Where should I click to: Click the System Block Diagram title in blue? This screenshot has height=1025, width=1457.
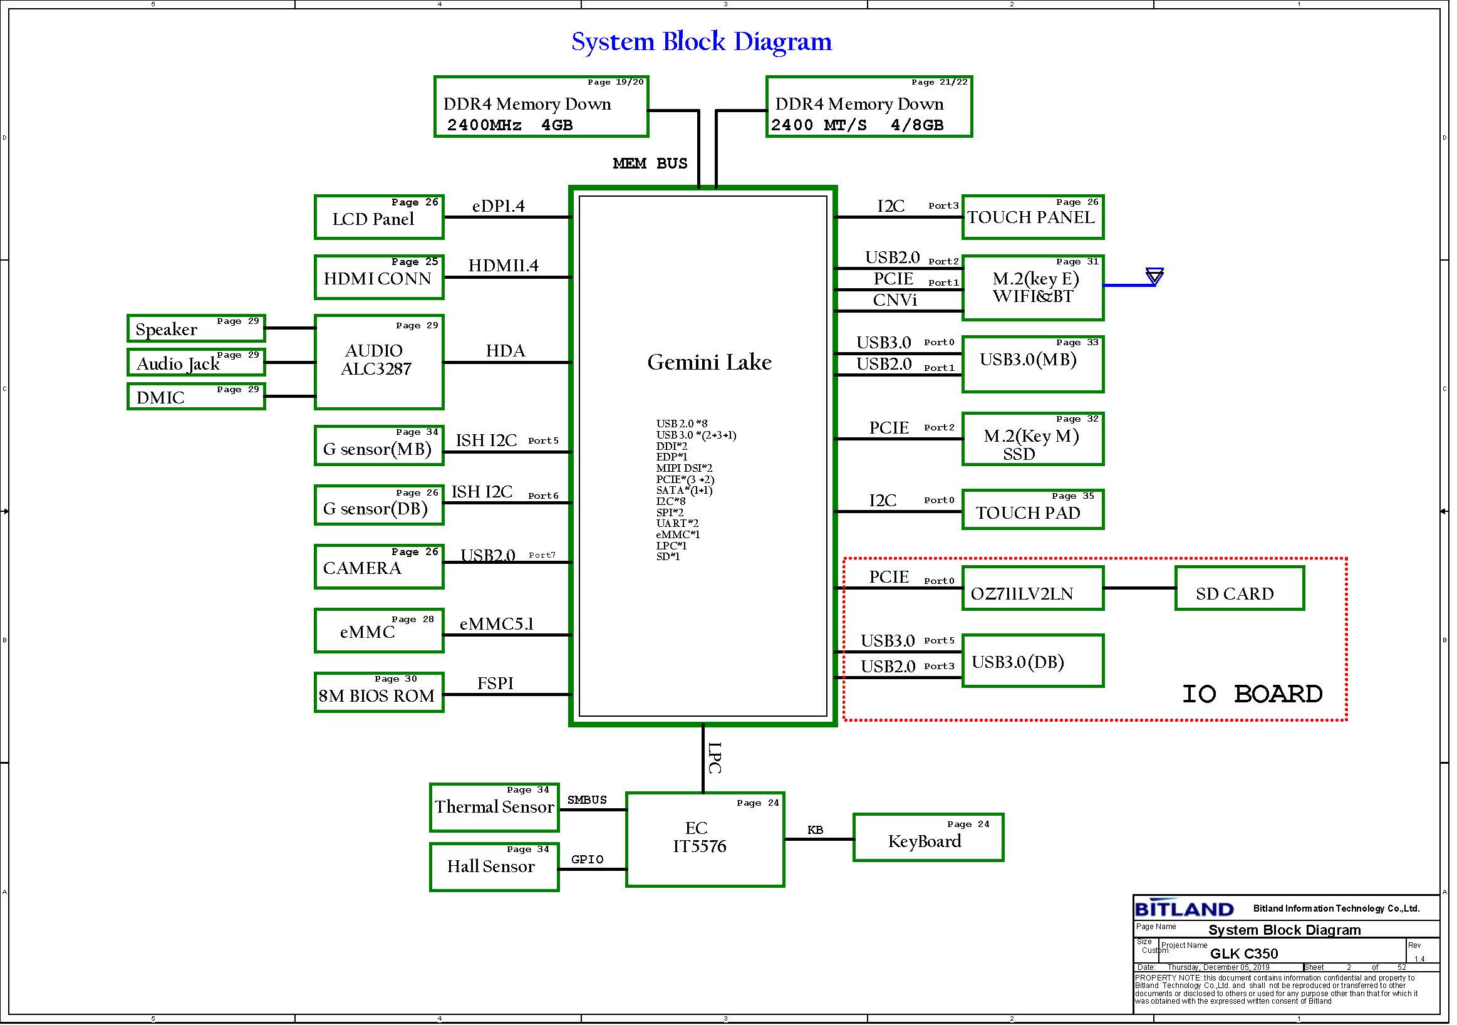point(702,42)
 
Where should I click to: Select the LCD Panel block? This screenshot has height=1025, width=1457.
point(380,217)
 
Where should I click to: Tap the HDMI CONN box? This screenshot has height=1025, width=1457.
point(380,278)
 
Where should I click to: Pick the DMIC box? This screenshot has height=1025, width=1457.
point(196,397)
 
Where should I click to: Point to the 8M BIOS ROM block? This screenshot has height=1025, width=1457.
point(380,694)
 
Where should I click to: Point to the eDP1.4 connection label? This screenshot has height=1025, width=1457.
point(499,206)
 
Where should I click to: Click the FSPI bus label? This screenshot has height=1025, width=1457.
point(495,684)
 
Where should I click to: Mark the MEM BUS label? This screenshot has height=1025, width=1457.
point(650,164)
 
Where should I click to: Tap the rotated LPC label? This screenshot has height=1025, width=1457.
point(715,759)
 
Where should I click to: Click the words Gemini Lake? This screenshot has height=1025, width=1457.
point(710,363)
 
